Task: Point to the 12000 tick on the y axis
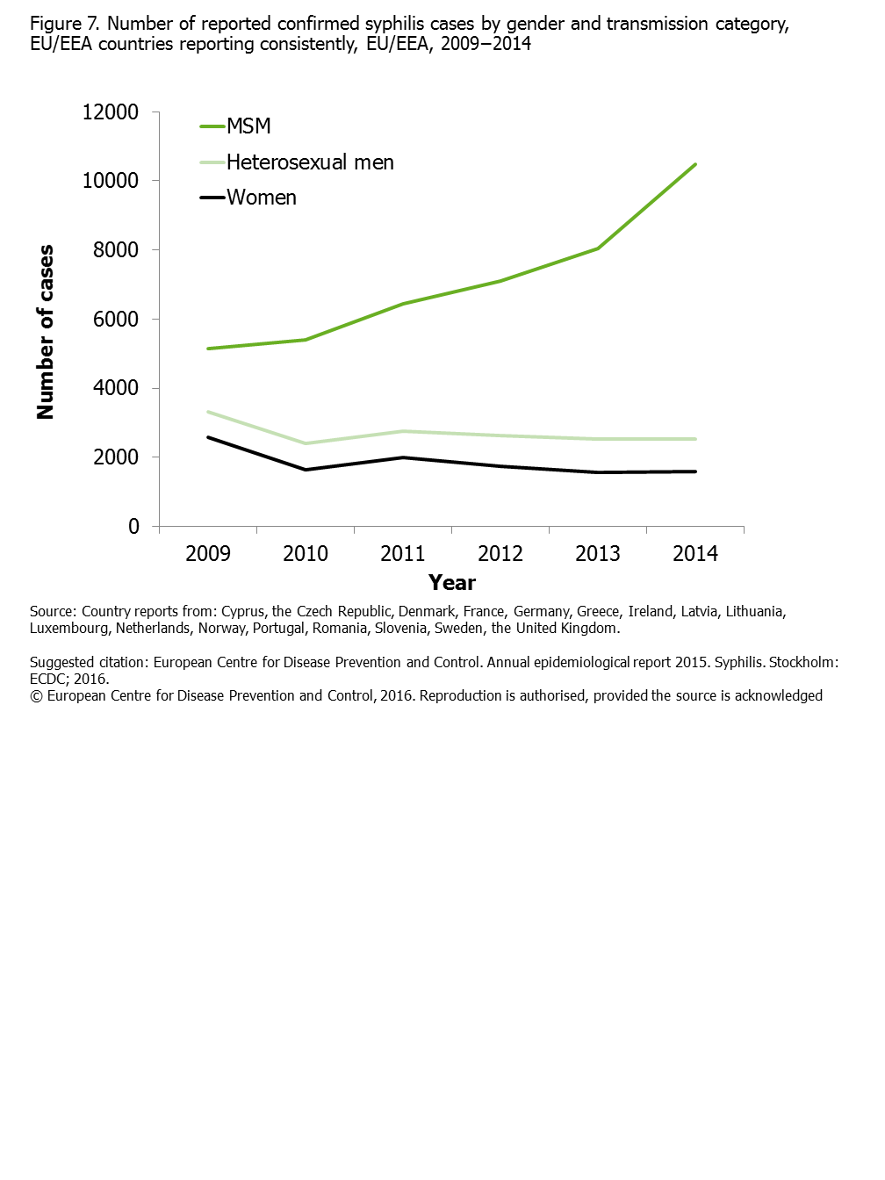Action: coord(110,112)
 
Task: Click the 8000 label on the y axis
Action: coord(116,250)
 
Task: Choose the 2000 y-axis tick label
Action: coord(116,457)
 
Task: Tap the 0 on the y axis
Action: coord(133,526)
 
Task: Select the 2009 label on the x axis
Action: coord(208,554)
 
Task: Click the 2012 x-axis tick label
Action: coord(500,554)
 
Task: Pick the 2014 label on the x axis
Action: coord(695,554)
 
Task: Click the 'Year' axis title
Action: coord(452,583)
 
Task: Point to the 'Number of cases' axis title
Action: coord(45,332)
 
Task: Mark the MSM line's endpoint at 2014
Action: coord(695,164)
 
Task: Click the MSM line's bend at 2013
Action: coord(598,248)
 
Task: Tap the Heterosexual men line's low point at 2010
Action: coord(306,443)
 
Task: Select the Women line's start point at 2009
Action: coord(208,437)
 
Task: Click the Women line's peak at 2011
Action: coord(403,457)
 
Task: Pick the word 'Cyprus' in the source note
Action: coord(243,612)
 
